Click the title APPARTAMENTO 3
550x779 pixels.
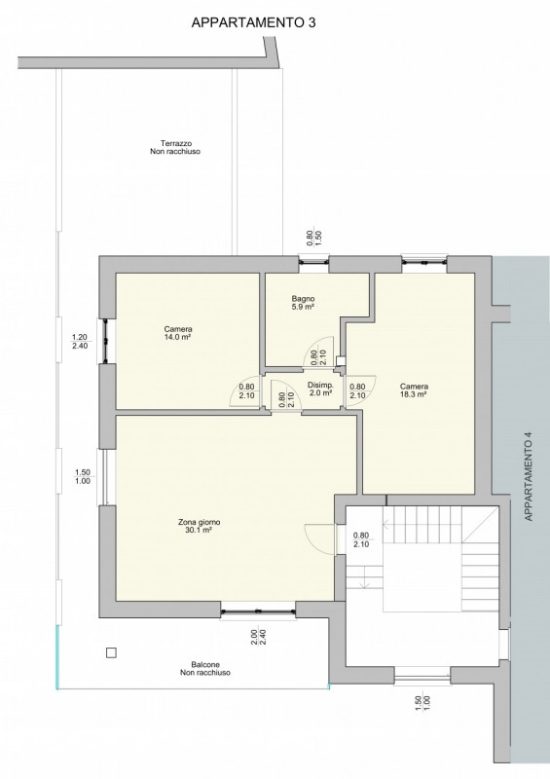coord(253,22)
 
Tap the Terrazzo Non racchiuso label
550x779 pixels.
coord(175,148)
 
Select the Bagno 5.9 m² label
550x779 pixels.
coord(303,303)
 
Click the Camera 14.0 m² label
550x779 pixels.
coord(178,333)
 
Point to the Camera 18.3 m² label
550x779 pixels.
coord(415,390)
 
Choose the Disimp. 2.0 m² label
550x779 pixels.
coord(320,389)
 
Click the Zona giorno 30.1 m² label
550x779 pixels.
coord(200,526)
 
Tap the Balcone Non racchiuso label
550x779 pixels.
coord(205,669)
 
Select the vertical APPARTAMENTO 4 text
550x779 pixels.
coord(529,476)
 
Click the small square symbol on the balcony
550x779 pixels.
coord(111,652)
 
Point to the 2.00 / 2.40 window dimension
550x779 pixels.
coord(258,638)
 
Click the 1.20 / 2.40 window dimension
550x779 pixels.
coord(80,342)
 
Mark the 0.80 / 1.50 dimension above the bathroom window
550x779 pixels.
coord(314,238)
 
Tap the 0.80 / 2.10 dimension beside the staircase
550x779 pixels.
coord(361,539)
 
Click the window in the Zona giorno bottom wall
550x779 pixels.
coord(258,611)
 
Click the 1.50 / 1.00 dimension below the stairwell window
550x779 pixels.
coord(422,703)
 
